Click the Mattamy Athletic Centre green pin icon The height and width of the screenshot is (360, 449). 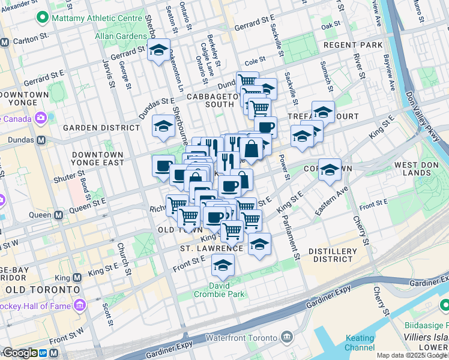pyautogui.click(x=43, y=18)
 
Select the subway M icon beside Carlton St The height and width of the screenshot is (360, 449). pyautogui.click(x=4, y=43)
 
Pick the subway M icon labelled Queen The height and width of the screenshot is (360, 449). pyautogui.click(x=59, y=214)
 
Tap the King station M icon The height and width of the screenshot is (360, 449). pyautogui.click(x=77, y=278)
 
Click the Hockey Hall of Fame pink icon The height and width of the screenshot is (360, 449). pyautogui.click(x=79, y=306)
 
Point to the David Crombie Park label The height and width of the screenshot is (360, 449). pyautogui.click(x=219, y=290)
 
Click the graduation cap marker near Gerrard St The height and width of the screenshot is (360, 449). pyautogui.click(x=158, y=50)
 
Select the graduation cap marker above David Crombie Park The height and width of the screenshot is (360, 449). pyautogui.click(x=223, y=264)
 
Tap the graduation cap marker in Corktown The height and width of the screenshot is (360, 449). pyautogui.click(x=330, y=169)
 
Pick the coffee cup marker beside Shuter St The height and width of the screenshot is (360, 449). pyautogui.click(x=163, y=166)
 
